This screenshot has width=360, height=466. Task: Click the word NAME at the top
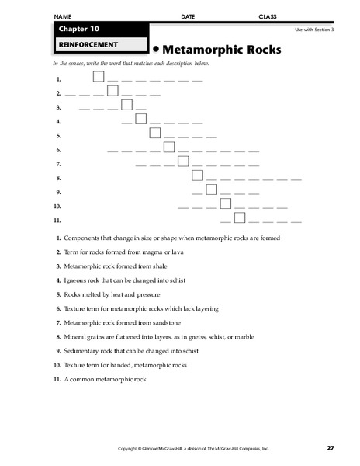click(x=64, y=16)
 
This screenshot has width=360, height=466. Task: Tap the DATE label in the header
click(x=188, y=16)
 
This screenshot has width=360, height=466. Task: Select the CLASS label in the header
click(x=267, y=16)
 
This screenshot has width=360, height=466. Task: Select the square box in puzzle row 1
click(x=99, y=76)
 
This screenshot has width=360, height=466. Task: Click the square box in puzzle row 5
click(x=155, y=133)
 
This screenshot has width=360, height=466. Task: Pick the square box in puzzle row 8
click(x=197, y=176)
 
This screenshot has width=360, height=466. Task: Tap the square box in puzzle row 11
click(x=240, y=217)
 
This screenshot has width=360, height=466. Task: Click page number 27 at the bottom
click(x=331, y=448)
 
